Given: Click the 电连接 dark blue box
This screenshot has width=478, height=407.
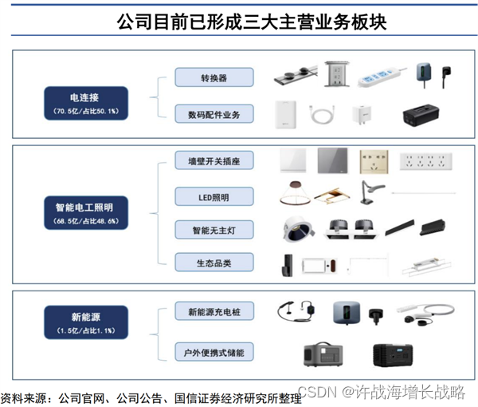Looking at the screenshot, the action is click(86, 103).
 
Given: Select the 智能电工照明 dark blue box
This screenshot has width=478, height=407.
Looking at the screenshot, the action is click(86, 213).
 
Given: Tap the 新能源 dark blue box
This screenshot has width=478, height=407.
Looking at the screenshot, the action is click(86, 322).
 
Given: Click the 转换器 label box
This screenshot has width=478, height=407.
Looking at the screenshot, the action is click(214, 77).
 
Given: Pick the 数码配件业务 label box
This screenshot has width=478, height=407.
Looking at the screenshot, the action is click(214, 114).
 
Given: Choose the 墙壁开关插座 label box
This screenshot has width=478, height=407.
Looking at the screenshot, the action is click(214, 160).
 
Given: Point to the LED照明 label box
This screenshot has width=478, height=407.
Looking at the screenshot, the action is click(214, 196).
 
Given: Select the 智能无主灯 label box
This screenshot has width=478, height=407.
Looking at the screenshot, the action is click(214, 230).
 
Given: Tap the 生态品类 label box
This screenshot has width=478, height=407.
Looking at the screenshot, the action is click(214, 263).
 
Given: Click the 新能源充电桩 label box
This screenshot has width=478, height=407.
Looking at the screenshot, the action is click(214, 311).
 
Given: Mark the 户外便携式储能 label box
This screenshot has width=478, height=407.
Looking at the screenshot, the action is click(214, 352).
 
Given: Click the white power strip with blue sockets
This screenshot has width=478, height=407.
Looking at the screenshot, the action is click(381, 77).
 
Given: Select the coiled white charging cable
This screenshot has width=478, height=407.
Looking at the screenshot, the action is click(322, 114).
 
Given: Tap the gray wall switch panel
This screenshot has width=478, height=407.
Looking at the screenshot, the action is click(332, 160).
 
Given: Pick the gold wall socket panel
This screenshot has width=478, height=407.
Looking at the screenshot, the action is click(374, 161).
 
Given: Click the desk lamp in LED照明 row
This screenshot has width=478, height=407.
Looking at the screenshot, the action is click(370, 192).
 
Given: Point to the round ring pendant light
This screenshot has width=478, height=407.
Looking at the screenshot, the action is click(295, 193).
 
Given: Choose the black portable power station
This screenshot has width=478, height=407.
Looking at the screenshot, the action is click(393, 355).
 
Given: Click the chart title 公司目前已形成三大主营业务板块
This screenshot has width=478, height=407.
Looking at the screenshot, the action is click(252, 22).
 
